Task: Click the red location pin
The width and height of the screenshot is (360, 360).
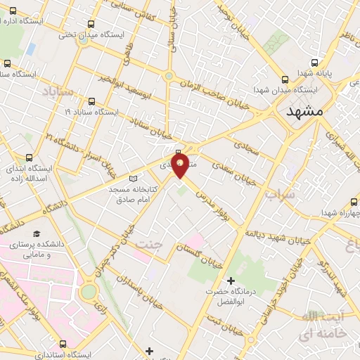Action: click(x=180, y=166)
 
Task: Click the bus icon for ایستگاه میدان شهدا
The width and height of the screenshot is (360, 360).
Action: click(x=285, y=79)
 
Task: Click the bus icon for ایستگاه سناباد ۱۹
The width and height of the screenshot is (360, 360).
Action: click(x=91, y=101)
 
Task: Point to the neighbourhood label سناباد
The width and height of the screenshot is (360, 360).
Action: click(x=58, y=91)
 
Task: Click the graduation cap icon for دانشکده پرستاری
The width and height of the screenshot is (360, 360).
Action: click(x=36, y=233)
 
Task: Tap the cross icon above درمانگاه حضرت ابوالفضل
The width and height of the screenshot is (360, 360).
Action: click(x=231, y=281)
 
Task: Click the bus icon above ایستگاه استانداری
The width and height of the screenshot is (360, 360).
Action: click(x=63, y=344)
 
